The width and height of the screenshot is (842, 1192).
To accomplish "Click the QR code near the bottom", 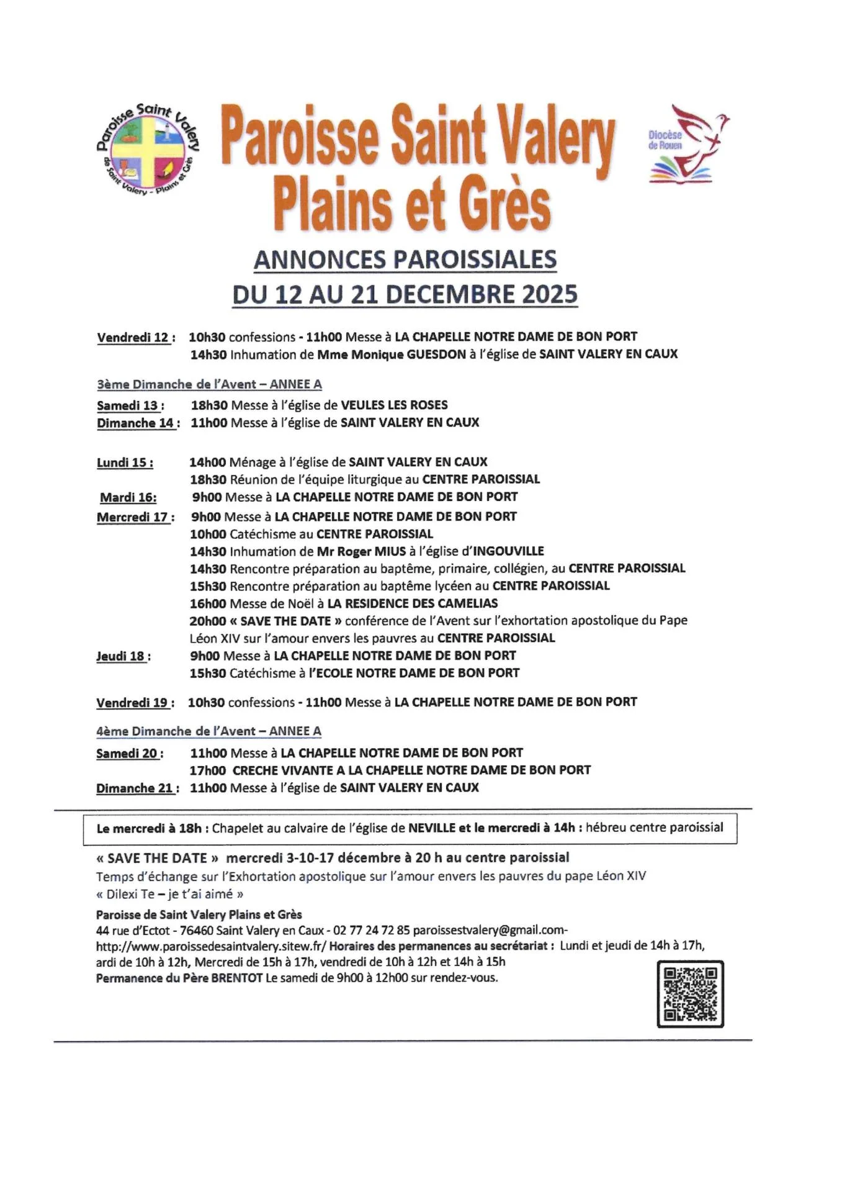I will tap(690, 994).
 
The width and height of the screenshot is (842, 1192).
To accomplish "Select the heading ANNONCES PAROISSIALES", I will tap(405, 260).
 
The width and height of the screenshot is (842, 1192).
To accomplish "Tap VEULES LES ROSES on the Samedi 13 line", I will tap(394, 405).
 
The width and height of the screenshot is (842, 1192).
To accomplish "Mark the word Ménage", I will tap(253, 463).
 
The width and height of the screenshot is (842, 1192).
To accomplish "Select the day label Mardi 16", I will tap(128, 497).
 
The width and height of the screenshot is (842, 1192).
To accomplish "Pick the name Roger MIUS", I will tap(370, 551).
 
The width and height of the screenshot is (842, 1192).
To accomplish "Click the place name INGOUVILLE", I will tap(508, 551).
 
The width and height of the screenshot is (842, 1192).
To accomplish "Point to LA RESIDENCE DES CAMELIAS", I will tap(412, 603).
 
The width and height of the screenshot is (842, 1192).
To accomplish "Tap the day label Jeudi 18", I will tap(121, 656).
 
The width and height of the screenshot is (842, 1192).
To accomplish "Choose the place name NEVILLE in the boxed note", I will tap(432, 828).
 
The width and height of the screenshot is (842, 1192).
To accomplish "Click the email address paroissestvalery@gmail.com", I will tap(488, 931).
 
